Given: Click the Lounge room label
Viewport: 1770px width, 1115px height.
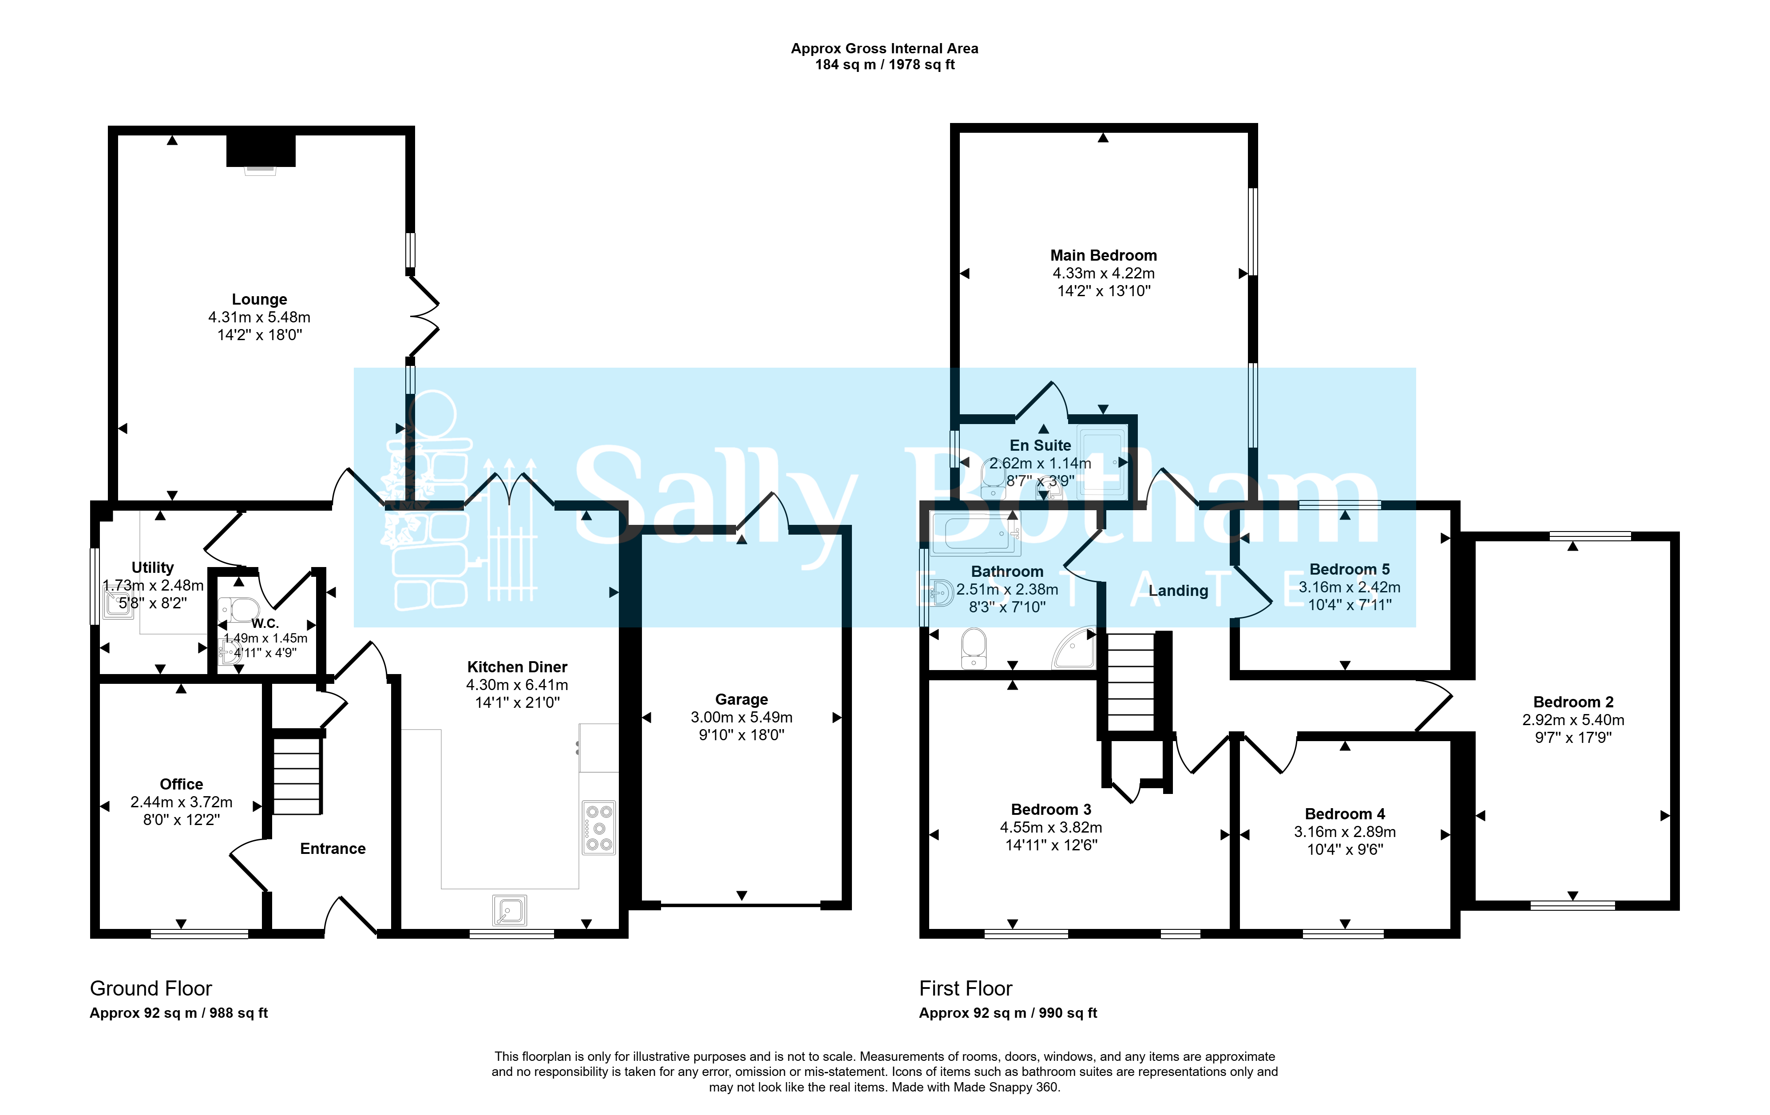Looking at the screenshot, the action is click(x=259, y=299).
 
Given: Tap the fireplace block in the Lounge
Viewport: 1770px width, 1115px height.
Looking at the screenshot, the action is click(x=261, y=151).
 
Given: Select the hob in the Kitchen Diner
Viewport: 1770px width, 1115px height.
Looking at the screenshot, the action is click(x=599, y=828).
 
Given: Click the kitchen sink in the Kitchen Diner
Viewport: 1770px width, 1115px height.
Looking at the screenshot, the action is click(x=509, y=910).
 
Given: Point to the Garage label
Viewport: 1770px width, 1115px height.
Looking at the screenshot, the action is click(x=742, y=699).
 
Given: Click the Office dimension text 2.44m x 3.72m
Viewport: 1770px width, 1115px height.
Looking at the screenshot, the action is click(x=182, y=802).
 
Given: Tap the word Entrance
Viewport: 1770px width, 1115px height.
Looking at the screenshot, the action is click(x=333, y=849).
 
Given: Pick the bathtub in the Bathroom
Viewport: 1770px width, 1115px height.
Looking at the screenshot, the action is click(x=975, y=534).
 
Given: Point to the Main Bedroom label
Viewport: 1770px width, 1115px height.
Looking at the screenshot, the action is click(x=1103, y=255).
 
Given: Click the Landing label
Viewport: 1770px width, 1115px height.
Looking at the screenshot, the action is click(x=1178, y=591).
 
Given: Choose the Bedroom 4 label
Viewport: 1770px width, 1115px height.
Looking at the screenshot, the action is click(x=1345, y=813).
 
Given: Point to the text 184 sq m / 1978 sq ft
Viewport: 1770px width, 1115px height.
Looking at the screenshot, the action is click(x=885, y=65).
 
